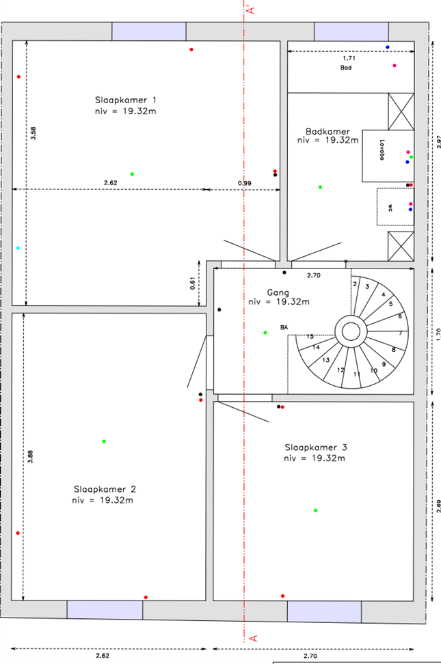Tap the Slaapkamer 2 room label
[x=105, y=489]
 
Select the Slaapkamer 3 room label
[x=316, y=447]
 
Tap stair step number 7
[x=400, y=333]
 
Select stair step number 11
[x=356, y=374]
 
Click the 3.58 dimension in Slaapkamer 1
[x=34, y=133]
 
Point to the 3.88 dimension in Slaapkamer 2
[x=31, y=458]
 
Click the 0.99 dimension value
[x=244, y=183]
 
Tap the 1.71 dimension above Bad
[x=349, y=59]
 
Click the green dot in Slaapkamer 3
[x=315, y=510]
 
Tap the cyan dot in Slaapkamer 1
[x=18, y=248]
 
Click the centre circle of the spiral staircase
[x=351, y=333]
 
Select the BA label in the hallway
[x=284, y=327]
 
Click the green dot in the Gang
[x=265, y=333]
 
